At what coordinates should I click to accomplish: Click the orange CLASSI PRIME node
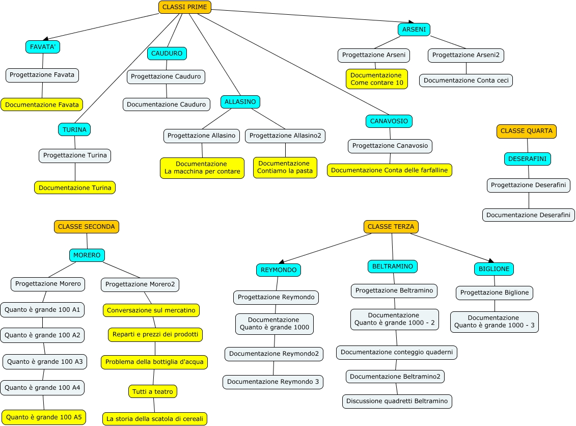pyautogui.click(x=184, y=7)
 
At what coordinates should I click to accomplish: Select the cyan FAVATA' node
pyautogui.click(x=43, y=47)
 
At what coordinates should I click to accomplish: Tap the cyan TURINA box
pyautogui.click(x=74, y=129)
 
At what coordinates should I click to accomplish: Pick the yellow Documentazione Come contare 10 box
pyautogui.click(x=376, y=79)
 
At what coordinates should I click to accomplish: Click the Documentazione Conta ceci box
pyautogui.click(x=466, y=81)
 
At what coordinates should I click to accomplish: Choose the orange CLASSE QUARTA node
pyautogui.click(x=526, y=131)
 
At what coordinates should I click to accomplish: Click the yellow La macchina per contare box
pyautogui.click(x=202, y=168)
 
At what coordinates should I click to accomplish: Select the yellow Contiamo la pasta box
pyautogui.click(x=284, y=167)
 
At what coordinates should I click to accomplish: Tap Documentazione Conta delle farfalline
pyautogui.click(x=390, y=170)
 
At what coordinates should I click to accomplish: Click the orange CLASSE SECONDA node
pyautogui.click(x=87, y=227)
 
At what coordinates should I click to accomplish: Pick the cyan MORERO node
pyautogui.click(x=87, y=255)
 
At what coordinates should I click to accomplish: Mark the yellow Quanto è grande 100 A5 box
pyautogui.click(x=44, y=417)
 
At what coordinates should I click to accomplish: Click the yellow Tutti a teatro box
pyautogui.click(x=152, y=391)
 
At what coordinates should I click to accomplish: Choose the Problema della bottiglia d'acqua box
pyautogui.click(x=154, y=362)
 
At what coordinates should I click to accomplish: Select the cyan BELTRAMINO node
pyautogui.click(x=392, y=266)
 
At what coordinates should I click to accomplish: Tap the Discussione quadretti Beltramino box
pyautogui.click(x=397, y=401)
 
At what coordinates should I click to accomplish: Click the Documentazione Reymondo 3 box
pyautogui.click(x=272, y=382)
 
